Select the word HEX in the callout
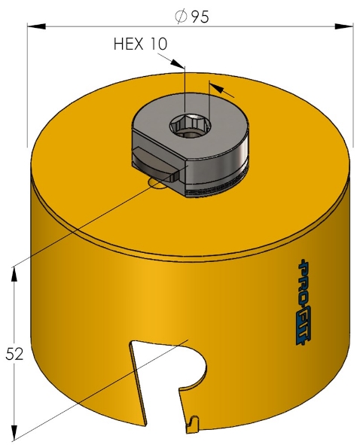pos(130,44)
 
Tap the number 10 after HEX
pos(158,44)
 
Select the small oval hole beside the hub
pos(156,183)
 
